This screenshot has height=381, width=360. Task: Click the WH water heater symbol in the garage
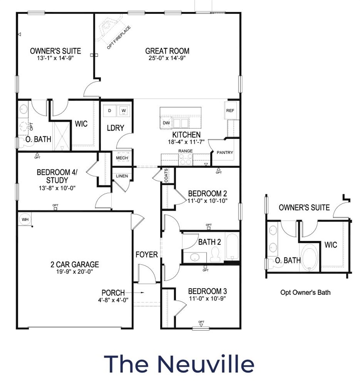[x=25, y=219]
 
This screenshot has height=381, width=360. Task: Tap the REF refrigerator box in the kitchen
[x=230, y=110]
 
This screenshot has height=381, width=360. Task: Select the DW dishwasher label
[x=166, y=123]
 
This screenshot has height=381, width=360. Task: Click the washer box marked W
[x=124, y=111]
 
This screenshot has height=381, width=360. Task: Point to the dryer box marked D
[x=110, y=111]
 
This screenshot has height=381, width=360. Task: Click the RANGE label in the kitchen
[x=185, y=151]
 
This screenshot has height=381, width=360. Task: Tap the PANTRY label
[x=225, y=152]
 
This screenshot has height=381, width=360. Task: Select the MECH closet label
[x=122, y=158]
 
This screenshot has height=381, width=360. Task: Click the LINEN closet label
[x=122, y=176]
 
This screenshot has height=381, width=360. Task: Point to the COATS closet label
[x=166, y=175]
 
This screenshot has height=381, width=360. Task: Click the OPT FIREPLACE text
[x=119, y=37]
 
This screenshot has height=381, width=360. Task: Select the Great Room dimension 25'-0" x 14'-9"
[x=167, y=58]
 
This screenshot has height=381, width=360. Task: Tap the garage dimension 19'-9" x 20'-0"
[x=75, y=271]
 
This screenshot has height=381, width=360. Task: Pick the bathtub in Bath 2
[x=232, y=246]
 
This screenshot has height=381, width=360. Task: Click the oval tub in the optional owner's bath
[x=310, y=258]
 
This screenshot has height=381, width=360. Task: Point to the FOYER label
[x=147, y=254]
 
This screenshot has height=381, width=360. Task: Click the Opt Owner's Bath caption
[x=305, y=292]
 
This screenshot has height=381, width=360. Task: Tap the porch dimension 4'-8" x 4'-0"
[x=113, y=300]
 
